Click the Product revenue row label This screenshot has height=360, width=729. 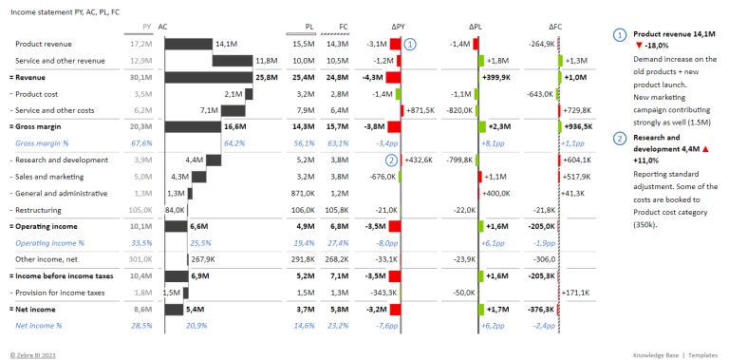(x=43, y=44)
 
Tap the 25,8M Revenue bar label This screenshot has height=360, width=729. (x=267, y=77)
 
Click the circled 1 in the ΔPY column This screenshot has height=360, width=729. (x=410, y=44)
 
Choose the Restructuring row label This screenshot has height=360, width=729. (x=40, y=210)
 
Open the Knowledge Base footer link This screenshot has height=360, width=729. (x=655, y=351)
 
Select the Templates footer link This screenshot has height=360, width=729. (x=704, y=351)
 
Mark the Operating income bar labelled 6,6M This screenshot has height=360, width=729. (x=176, y=226)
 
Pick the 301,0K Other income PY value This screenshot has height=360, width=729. (x=139, y=258)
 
